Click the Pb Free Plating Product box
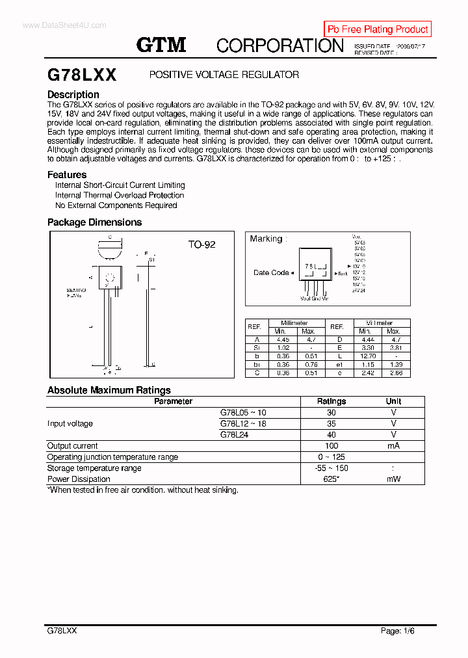[x=378, y=29]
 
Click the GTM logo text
[x=161, y=45]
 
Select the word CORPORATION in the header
[x=279, y=46]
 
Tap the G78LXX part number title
[x=82, y=75]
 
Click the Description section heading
[x=73, y=94]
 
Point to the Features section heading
[x=67, y=174]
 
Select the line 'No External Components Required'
[x=116, y=205]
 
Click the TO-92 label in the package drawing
[x=201, y=244]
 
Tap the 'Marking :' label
[x=268, y=239]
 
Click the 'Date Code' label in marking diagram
[x=271, y=272]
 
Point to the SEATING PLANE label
[x=76, y=293]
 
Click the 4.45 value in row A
[x=282, y=339]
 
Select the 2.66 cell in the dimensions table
[x=394, y=373]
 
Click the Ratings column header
[x=331, y=401]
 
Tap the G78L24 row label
[x=234, y=434]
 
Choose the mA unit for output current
[x=393, y=446]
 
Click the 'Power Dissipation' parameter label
[x=79, y=479]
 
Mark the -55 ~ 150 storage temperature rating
[x=331, y=468]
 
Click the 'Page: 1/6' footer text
[x=397, y=631]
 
